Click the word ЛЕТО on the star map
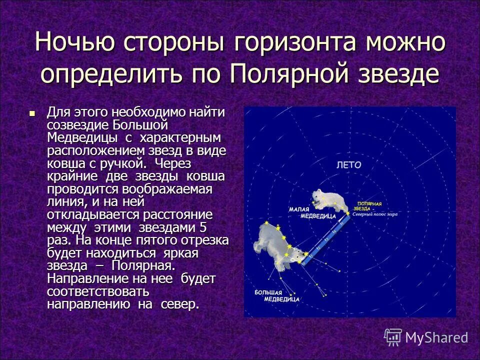(348, 164)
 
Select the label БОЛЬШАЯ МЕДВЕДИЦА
(276, 295)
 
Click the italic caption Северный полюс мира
(374, 213)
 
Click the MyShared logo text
(436, 337)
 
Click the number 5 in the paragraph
(202, 227)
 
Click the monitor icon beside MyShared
(393, 337)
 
